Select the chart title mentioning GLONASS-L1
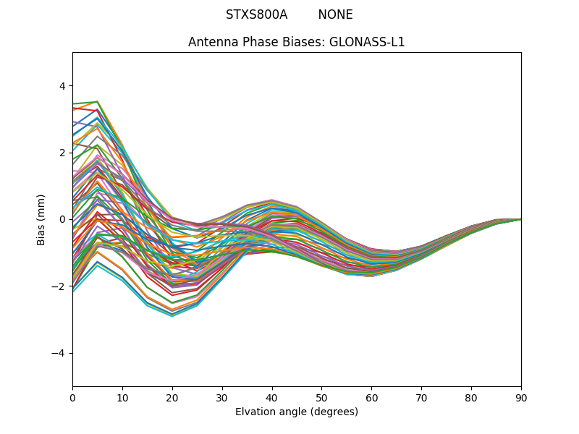point(296,42)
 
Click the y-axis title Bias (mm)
point(41,219)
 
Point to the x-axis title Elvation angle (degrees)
point(297,412)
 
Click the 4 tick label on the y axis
point(62,85)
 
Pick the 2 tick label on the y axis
point(62,153)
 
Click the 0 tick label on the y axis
point(62,219)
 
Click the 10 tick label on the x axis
point(122,397)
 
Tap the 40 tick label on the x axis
point(272,397)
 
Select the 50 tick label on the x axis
point(321,397)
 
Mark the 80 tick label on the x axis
point(471,397)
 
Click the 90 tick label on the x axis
point(521,397)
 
